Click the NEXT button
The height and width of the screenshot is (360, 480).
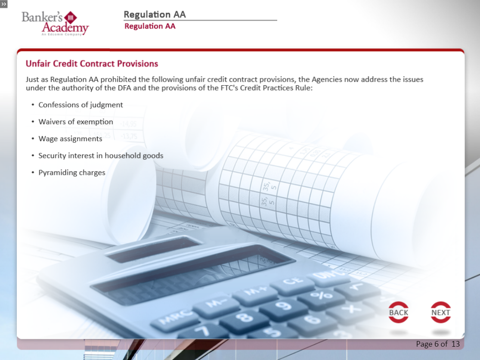pyautogui.click(x=440, y=313)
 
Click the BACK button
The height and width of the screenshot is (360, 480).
pyautogui.click(x=398, y=313)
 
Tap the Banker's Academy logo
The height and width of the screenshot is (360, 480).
pyautogui.click(x=55, y=23)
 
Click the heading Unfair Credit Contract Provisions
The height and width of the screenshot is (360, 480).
pyautogui.click(x=92, y=64)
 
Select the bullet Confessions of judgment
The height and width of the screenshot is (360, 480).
pyautogui.click(x=81, y=105)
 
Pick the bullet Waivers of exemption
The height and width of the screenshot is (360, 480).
pyautogui.click(x=76, y=122)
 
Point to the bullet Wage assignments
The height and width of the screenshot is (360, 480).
pyautogui.click(x=70, y=139)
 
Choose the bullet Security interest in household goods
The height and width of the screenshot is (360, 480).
pyautogui.click(x=101, y=155)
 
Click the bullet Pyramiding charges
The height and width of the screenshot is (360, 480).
pyautogui.click(x=72, y=173)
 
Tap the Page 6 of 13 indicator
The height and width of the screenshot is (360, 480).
pyautogui.click(x=437, y=344)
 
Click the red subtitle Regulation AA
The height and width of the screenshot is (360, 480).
pyautogui.click(x=150, y=26)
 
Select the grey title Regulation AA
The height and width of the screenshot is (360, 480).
pyautogui.click(x=155, y=14)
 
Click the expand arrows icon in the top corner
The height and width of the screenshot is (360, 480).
pyautogui.click(x=4, y=4)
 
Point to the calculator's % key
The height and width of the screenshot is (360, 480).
pyautogui.click(x=315, y=295)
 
